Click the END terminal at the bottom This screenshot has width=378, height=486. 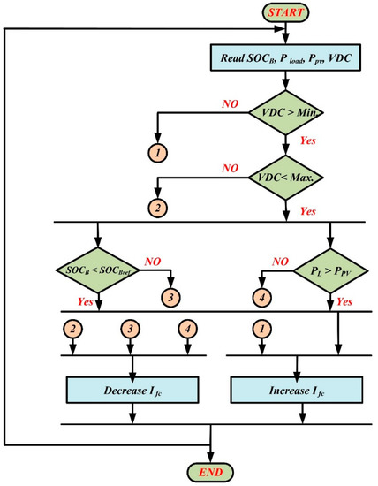tap(211, 471)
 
